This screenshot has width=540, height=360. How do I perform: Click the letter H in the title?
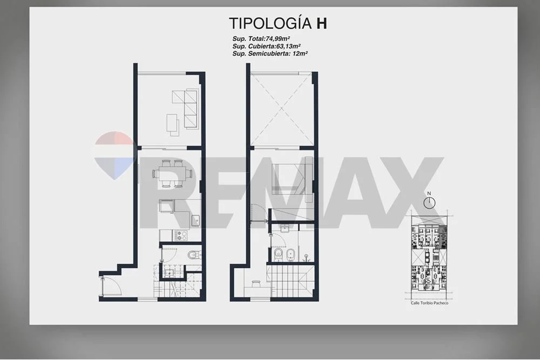click(x=322, y=23)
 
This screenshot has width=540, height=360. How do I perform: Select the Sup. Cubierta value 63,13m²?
click(x=288, y=46)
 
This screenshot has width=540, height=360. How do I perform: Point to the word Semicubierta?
click(x=266, y=53)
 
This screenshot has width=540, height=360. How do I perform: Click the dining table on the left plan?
click(x=172, y=173)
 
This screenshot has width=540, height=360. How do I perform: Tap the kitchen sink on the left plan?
click(x=195, y=220)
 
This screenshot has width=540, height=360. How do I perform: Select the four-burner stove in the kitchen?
click(x=181, y=236)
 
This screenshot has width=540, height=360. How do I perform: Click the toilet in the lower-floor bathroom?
click(x=194, y=255)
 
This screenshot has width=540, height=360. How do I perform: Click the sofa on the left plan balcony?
click(x=191, y=109)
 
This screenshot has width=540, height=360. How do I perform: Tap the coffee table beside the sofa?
click(x=173, y=123)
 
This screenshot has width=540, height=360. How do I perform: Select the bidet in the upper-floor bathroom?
click(x=291, y=255)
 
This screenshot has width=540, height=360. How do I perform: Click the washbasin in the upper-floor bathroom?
click(x=285, y=229)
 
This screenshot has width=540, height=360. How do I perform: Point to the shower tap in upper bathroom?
click(x=306, y=257)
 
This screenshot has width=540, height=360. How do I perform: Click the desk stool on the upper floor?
click(x=256, y=283)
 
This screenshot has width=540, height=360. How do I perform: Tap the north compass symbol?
click(x=429, y=203)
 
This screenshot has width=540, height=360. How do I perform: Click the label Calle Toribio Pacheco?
click(x=429, y=303)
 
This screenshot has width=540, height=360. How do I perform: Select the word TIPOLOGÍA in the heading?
click(x=271, y=23)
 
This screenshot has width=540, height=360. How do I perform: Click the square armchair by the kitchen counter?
click(x=167, y=207)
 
